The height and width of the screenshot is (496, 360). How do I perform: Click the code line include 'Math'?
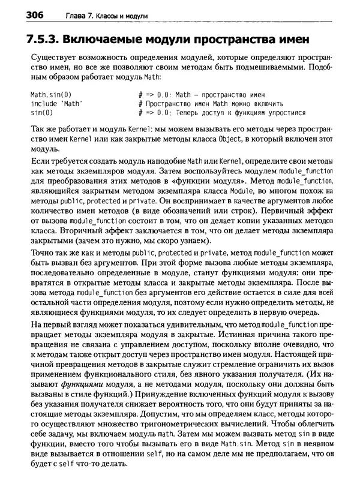56,103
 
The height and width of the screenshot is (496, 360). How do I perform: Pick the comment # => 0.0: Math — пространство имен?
201,94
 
